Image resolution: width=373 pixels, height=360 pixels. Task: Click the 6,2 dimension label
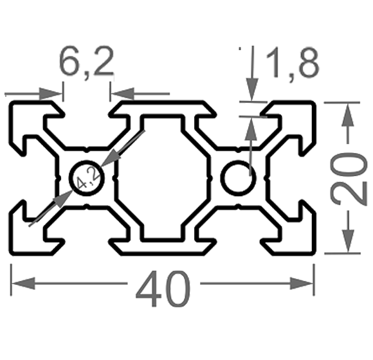point(86,62)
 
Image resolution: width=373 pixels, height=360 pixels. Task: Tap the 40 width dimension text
point(163,289)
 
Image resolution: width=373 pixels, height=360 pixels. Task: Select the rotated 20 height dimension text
point(349,177)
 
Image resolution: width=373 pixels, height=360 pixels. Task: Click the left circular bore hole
point(87,178)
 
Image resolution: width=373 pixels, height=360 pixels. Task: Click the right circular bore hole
point(239,178)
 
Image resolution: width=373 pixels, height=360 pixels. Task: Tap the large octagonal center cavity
point(163,178)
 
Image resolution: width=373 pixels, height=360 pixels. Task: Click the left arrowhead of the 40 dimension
point(23,283)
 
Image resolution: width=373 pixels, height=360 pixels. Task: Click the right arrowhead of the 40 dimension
point(302,283)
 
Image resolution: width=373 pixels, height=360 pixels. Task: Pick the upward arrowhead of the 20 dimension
point(348,114)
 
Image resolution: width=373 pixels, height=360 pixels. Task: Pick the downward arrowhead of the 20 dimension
point(348,241)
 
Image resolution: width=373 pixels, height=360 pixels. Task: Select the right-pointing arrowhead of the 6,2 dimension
point(50,94)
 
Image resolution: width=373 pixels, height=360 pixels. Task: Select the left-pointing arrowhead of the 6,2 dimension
point(123,94)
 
